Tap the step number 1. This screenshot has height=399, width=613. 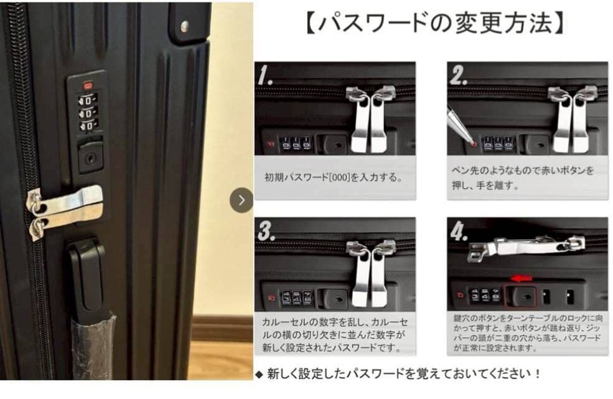point(266,76)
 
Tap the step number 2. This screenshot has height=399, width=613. point(459,76)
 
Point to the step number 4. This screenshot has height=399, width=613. point(459,232)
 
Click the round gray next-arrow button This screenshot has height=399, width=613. point(241,200)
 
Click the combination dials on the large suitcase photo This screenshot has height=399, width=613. point(88,113)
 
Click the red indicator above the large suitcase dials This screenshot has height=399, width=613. point(88,85)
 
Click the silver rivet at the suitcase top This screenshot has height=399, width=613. point(184,26)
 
